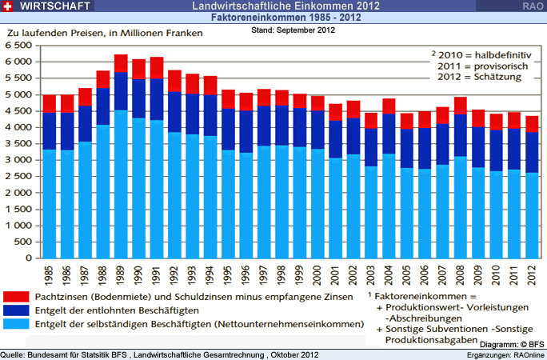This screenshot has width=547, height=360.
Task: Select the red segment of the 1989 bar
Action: coord(122,63)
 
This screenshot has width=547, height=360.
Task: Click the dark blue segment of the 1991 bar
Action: coord(157,99)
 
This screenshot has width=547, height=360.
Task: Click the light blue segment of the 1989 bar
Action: coord(122,184)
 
